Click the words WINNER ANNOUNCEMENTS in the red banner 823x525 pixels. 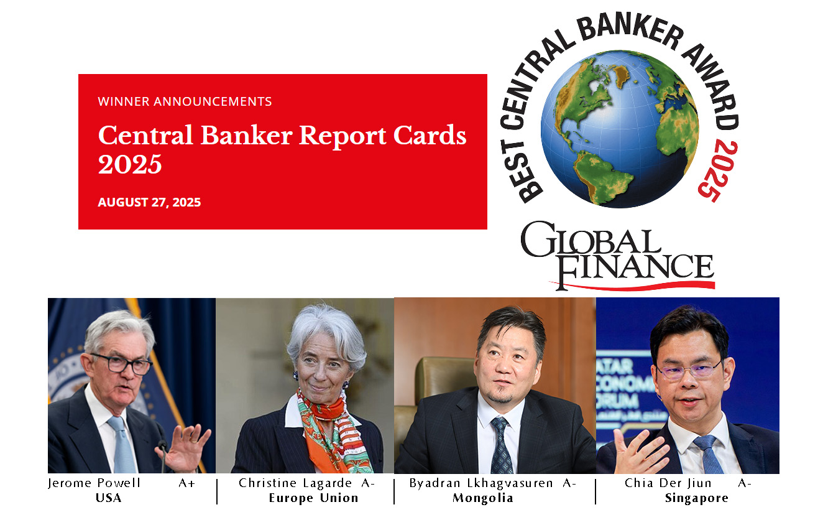coord(185,101)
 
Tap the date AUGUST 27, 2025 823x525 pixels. coord(149,202)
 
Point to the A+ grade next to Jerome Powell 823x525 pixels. coord(186,483)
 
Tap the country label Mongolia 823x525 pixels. coord(483,498)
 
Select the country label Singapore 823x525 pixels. coord(696,498)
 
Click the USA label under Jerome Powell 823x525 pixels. coord(108,498)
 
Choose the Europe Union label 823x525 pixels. coord(313,498)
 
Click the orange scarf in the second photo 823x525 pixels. coord(329,429)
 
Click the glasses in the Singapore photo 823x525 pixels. coord(690,370)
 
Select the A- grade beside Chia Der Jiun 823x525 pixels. coord(744,483)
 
